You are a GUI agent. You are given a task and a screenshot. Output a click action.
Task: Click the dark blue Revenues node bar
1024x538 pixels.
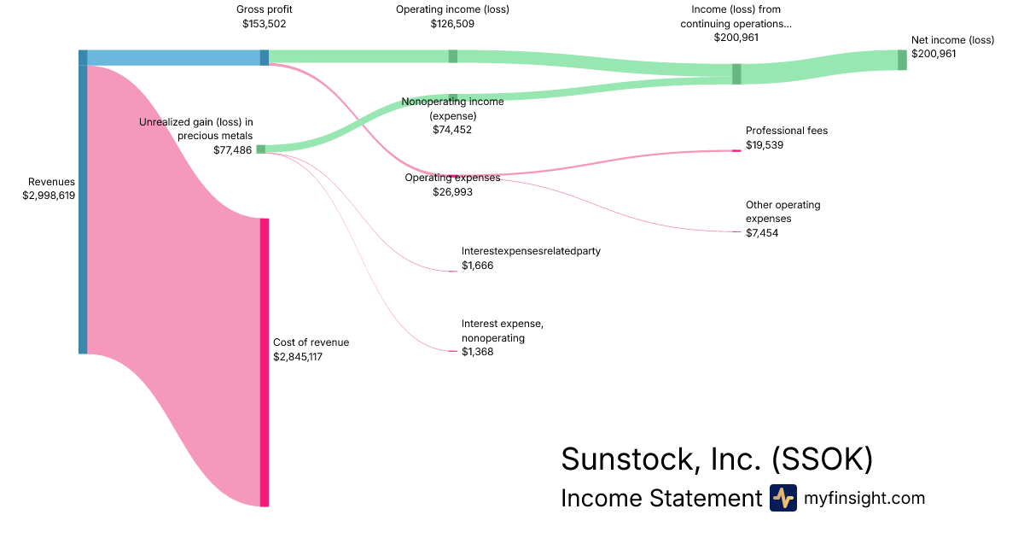coord(83,202)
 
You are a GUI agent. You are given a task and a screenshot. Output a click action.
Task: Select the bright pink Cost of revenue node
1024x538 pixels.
coord(265,362)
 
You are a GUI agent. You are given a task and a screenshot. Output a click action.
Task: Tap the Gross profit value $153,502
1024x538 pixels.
coord(265,24)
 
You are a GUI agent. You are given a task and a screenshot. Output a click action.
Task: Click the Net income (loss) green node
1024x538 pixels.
coord(902,60)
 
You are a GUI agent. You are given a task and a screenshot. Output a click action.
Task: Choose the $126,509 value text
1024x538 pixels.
coord(452,24)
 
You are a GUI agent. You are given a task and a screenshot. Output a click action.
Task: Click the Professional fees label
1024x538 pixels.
coord(787,131)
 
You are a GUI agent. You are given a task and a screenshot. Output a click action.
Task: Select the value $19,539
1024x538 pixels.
coord(765,145)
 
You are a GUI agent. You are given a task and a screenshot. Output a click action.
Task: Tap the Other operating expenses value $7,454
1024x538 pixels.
coord(762,233)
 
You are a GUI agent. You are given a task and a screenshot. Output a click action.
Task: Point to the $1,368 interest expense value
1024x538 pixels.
coord(477,352)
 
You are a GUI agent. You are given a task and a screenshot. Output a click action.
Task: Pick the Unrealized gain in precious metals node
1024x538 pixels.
coord(261,149)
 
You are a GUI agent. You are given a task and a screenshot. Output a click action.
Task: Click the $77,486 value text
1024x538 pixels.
coord(233,149)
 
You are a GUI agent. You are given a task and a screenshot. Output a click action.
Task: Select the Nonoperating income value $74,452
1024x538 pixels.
coord(452,130)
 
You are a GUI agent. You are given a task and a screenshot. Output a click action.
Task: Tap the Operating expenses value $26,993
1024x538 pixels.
coord(452,192)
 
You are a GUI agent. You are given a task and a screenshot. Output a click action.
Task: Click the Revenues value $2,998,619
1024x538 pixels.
coord(49,196)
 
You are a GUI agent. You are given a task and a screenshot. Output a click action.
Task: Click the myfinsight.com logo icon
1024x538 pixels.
coord(783,498)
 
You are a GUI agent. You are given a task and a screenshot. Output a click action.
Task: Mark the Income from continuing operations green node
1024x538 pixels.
coord(736,73)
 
